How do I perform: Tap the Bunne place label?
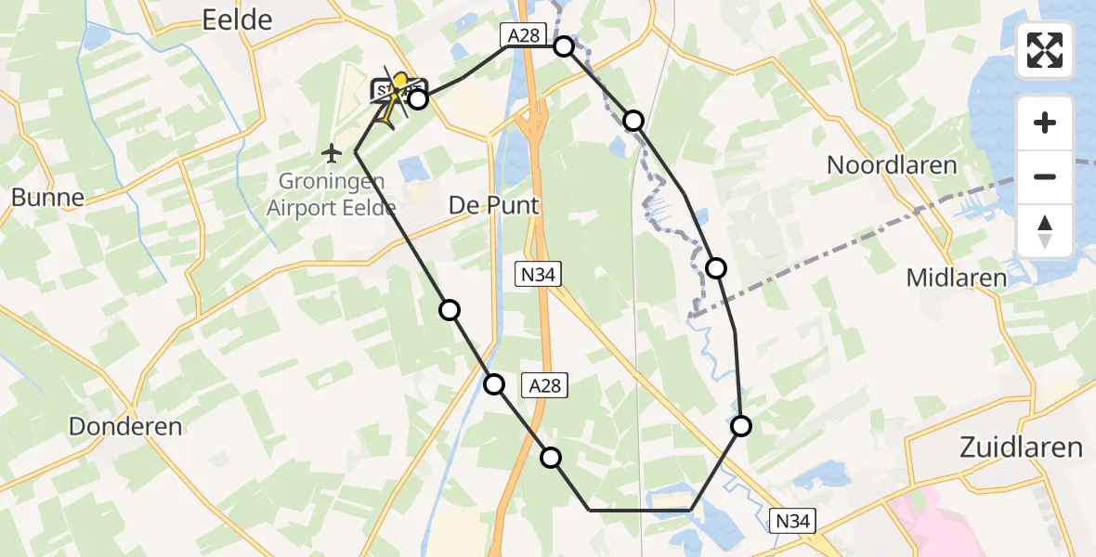point(47,197)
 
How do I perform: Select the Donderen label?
point(125,426)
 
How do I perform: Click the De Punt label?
point(494,205)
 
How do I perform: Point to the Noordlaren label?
point(892,166)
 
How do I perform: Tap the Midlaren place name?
point(956,278)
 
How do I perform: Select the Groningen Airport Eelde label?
point(332,196)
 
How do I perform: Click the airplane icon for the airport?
point(333,151)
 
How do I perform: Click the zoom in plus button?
point(1045,123)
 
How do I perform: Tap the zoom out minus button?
point(1045,176)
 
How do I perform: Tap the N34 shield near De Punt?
point(539,273)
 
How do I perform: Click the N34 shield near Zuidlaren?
point(792,522)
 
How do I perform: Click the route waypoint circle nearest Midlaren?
point(716,268)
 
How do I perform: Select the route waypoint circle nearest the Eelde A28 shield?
point(564,46)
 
